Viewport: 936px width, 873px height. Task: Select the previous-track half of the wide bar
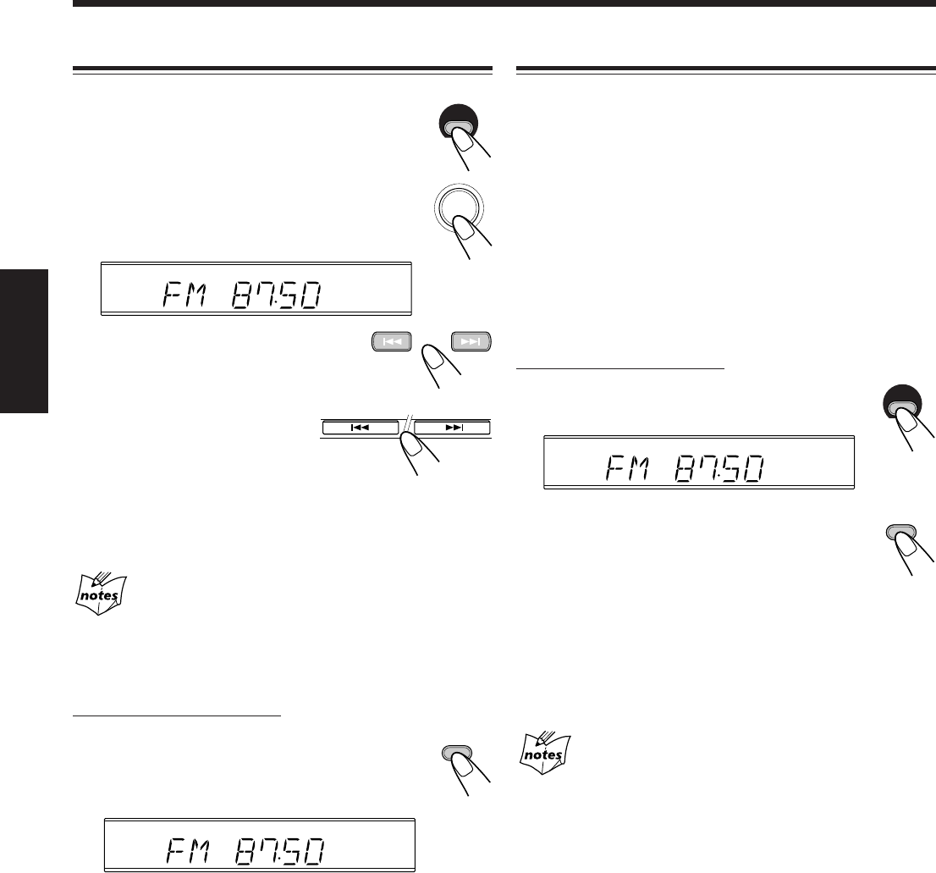[x=361, y=428]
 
